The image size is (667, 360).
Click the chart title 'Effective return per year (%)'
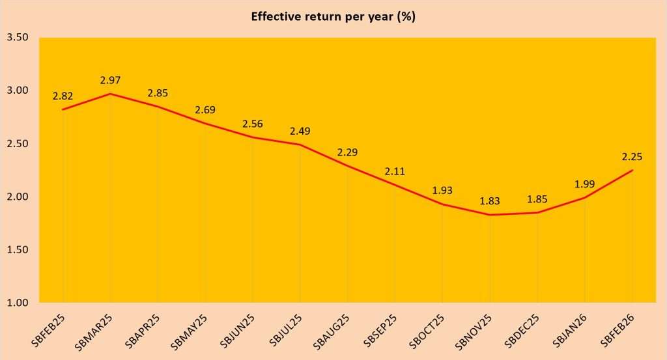click(x=333, y=17)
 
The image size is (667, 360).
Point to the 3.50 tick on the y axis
click(x=17, y=37)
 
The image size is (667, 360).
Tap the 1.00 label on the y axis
click(x=17, y=303)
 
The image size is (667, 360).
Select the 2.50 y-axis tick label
click(x=17, y=143)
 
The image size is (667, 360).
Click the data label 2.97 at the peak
click(x=110, y=81)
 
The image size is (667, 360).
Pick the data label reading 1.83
click(x=489, y=202)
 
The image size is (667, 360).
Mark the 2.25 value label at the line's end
click(x=632, y=158)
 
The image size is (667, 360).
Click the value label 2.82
click(x=63, y=96)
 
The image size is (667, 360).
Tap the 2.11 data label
click(x=395, y=172)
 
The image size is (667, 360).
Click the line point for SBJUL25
click(x=300, y=145)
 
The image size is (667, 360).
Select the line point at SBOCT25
click(x=442, y=204)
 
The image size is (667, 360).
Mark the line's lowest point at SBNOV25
click(x=490, y=215)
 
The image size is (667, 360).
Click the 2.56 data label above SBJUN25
click(x=253, y=124)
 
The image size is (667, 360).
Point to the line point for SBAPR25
click(x=158, y=106)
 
